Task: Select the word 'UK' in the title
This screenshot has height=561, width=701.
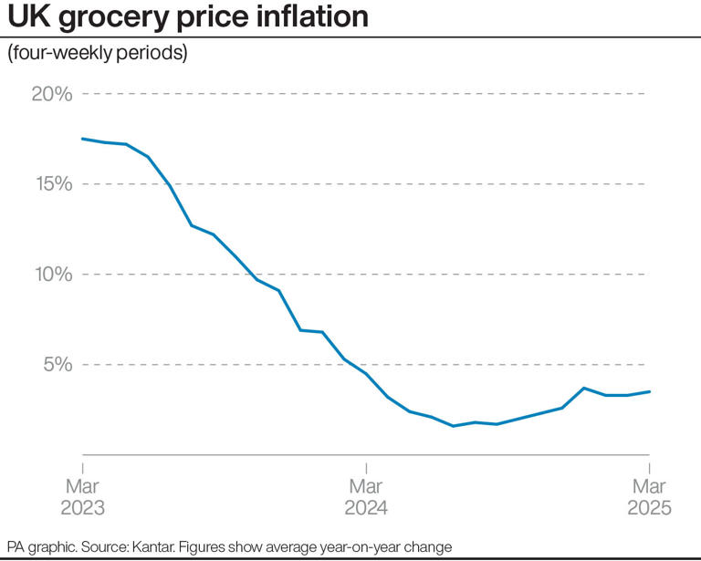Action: point(27,17)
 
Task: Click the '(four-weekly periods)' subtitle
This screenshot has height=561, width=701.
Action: point(98,54)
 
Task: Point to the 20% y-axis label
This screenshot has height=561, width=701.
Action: point(49,94)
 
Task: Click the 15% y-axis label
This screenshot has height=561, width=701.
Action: point(49,184)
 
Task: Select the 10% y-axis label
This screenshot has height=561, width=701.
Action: point(49,275)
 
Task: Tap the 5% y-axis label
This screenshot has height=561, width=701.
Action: point(55,365)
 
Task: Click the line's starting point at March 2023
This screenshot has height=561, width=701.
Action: point(83,139)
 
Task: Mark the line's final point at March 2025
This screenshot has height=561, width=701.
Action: point(649,391)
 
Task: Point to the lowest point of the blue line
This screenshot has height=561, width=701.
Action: point(453,426)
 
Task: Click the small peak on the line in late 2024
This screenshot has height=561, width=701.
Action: point(584,388)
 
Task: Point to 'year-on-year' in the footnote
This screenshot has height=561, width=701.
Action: point(362,545)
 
